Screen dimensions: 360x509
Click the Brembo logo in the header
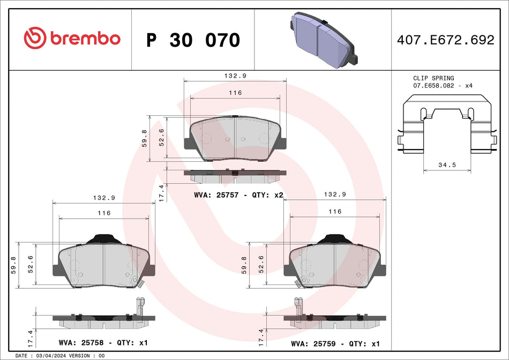pyautogui.click(x=72, y=39)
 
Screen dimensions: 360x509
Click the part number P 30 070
pyautogui.click(x=193, y=40)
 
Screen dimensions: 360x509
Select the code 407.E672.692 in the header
pyautogui.click(x=445, y=40)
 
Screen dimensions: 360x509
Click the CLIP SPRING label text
pyautogui.click(x=433, y=78)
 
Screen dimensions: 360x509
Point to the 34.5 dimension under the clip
pyautogui.click(x=447, y=165)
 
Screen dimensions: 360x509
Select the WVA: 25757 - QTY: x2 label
pyautogui.click(x=238, y=196)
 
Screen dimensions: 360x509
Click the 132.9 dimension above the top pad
pyautogui.click(x=235, y=76)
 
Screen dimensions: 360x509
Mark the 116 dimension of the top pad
pyautogui.click(x=235, y=93)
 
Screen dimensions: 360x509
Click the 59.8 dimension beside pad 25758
pyautogui.click(x=13, y=265)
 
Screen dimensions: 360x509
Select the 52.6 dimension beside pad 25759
pyautogui.click(x=261, y=265)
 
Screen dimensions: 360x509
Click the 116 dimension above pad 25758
pyautogui.click(x=103, y=213)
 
